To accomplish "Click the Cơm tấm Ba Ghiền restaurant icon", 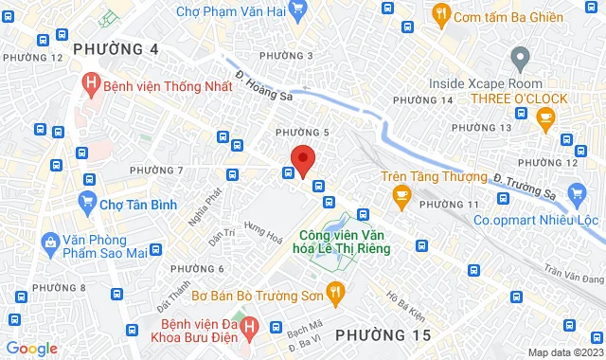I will point(440,13).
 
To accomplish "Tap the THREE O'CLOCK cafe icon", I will point(544,117).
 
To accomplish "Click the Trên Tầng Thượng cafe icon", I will point(401,195).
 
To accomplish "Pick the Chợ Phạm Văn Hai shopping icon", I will point(297,10).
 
